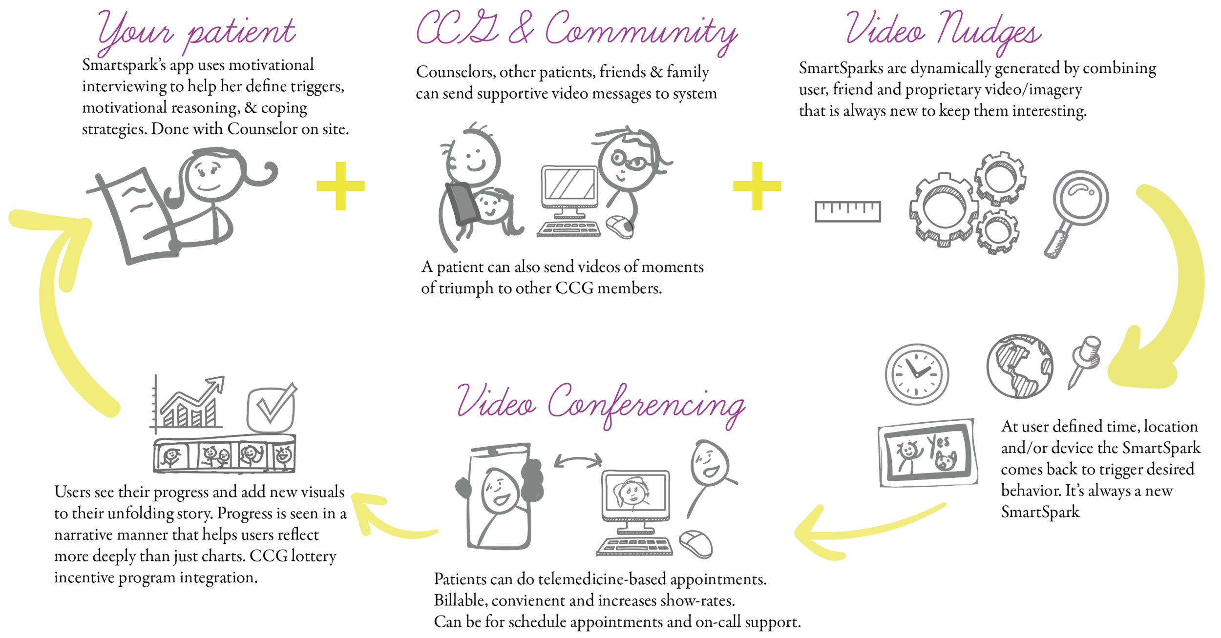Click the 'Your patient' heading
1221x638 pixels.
coord(196,32)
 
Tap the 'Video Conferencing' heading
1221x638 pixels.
coord(601,405)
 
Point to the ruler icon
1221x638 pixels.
coord(847,211)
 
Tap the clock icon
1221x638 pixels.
coord(917,374)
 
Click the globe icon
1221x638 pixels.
coord(1019,366)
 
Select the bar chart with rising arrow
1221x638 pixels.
coord(188,405)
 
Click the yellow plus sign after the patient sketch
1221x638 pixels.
coord(340,186)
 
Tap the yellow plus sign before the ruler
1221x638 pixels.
coord(757,186)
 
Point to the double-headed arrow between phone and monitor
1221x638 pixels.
coord(578,461)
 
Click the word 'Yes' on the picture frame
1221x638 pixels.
coord(938,443)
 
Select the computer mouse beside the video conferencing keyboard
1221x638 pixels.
coord(695,544)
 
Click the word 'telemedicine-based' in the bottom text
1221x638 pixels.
coord(602,579)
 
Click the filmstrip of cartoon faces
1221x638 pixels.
coord(225,455)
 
